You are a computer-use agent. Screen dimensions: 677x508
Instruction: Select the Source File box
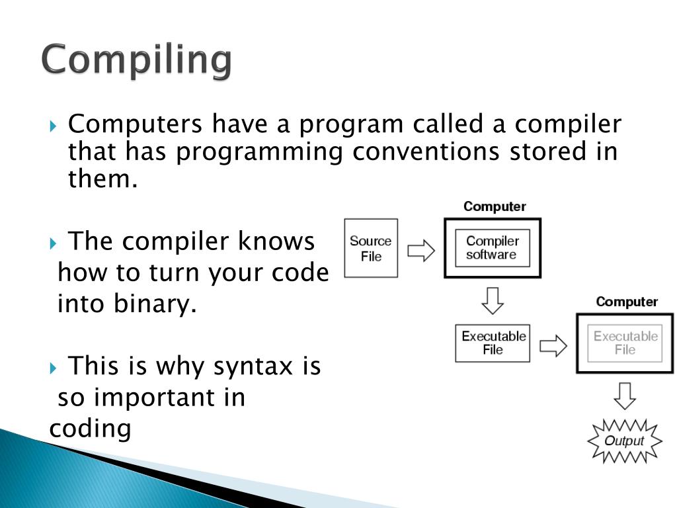(x=371, y=248)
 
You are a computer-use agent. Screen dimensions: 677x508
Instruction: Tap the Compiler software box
(x=493, y=248)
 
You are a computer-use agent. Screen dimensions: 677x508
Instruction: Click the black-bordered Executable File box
(x=493, y=343)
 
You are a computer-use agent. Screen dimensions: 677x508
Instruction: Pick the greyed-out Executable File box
(x=625, y=343)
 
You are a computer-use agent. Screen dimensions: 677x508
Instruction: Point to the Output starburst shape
(x=625, y=441)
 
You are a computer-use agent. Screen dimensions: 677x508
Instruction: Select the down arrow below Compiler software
(x=493, y=300)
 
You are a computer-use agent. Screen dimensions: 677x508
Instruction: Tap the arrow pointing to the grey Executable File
(x=553, y=345)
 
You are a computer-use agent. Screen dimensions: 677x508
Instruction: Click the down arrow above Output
(x=625, y=396)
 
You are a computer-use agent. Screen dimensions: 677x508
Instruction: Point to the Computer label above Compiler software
(x=495, y=206)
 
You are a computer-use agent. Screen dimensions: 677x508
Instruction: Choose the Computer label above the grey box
(x=627, y=302)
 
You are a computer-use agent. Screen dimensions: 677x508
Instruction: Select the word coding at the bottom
(x=91, y=429)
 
